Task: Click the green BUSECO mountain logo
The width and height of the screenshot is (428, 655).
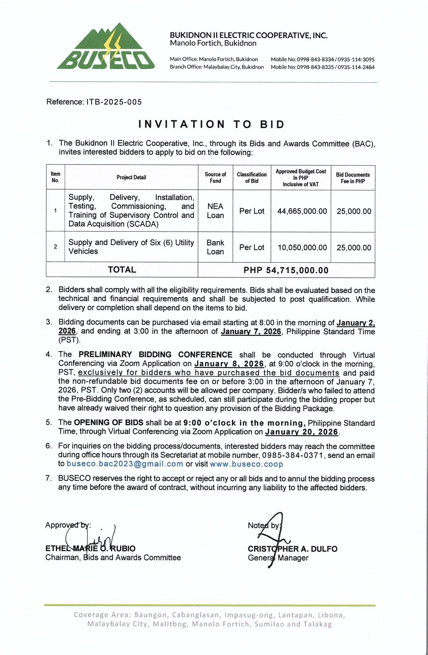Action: pos(106,47)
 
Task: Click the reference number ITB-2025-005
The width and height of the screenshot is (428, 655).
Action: pos(114,102)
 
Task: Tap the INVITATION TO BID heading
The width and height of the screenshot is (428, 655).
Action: pos(211,124)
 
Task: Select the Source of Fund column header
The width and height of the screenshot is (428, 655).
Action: pos(215,177)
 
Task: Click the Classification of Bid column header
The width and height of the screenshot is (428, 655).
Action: pos(252,177)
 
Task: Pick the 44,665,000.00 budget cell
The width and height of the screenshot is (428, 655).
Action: pos(302,211)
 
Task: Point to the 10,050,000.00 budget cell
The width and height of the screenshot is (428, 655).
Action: pos(302,248)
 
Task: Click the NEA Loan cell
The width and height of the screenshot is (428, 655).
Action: pos(215,211)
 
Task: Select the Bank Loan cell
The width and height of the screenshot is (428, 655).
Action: pos(215,247)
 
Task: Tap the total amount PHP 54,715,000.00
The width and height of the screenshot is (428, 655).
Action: pos(286,270)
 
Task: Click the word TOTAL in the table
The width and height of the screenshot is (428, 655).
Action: pos(122,270)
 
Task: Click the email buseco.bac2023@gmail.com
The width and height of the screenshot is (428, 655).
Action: pos(125,464)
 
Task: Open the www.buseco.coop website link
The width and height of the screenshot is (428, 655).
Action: pos(246,464)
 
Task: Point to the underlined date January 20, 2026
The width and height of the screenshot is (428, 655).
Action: pos(301,432)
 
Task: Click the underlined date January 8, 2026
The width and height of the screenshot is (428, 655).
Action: pos(229,364)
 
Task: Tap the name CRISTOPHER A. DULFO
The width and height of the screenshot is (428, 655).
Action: pos(293,549)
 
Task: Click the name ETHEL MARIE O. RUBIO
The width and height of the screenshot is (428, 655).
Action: pos(90,548)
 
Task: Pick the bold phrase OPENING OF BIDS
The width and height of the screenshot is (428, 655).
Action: pos(108,422)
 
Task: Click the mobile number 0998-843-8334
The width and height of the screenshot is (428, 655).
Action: pos(315,59)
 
